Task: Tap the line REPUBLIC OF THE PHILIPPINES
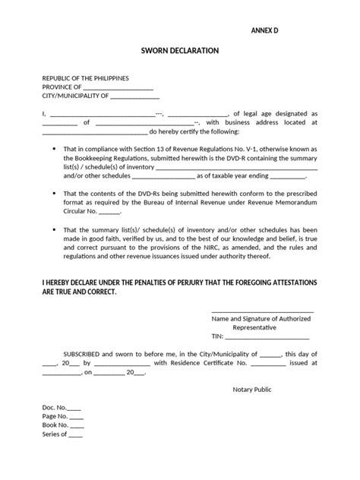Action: click(86, 78)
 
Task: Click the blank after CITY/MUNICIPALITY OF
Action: click(135, 97)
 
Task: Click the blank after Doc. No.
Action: click(76, 408)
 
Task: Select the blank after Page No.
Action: click(76, 417)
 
